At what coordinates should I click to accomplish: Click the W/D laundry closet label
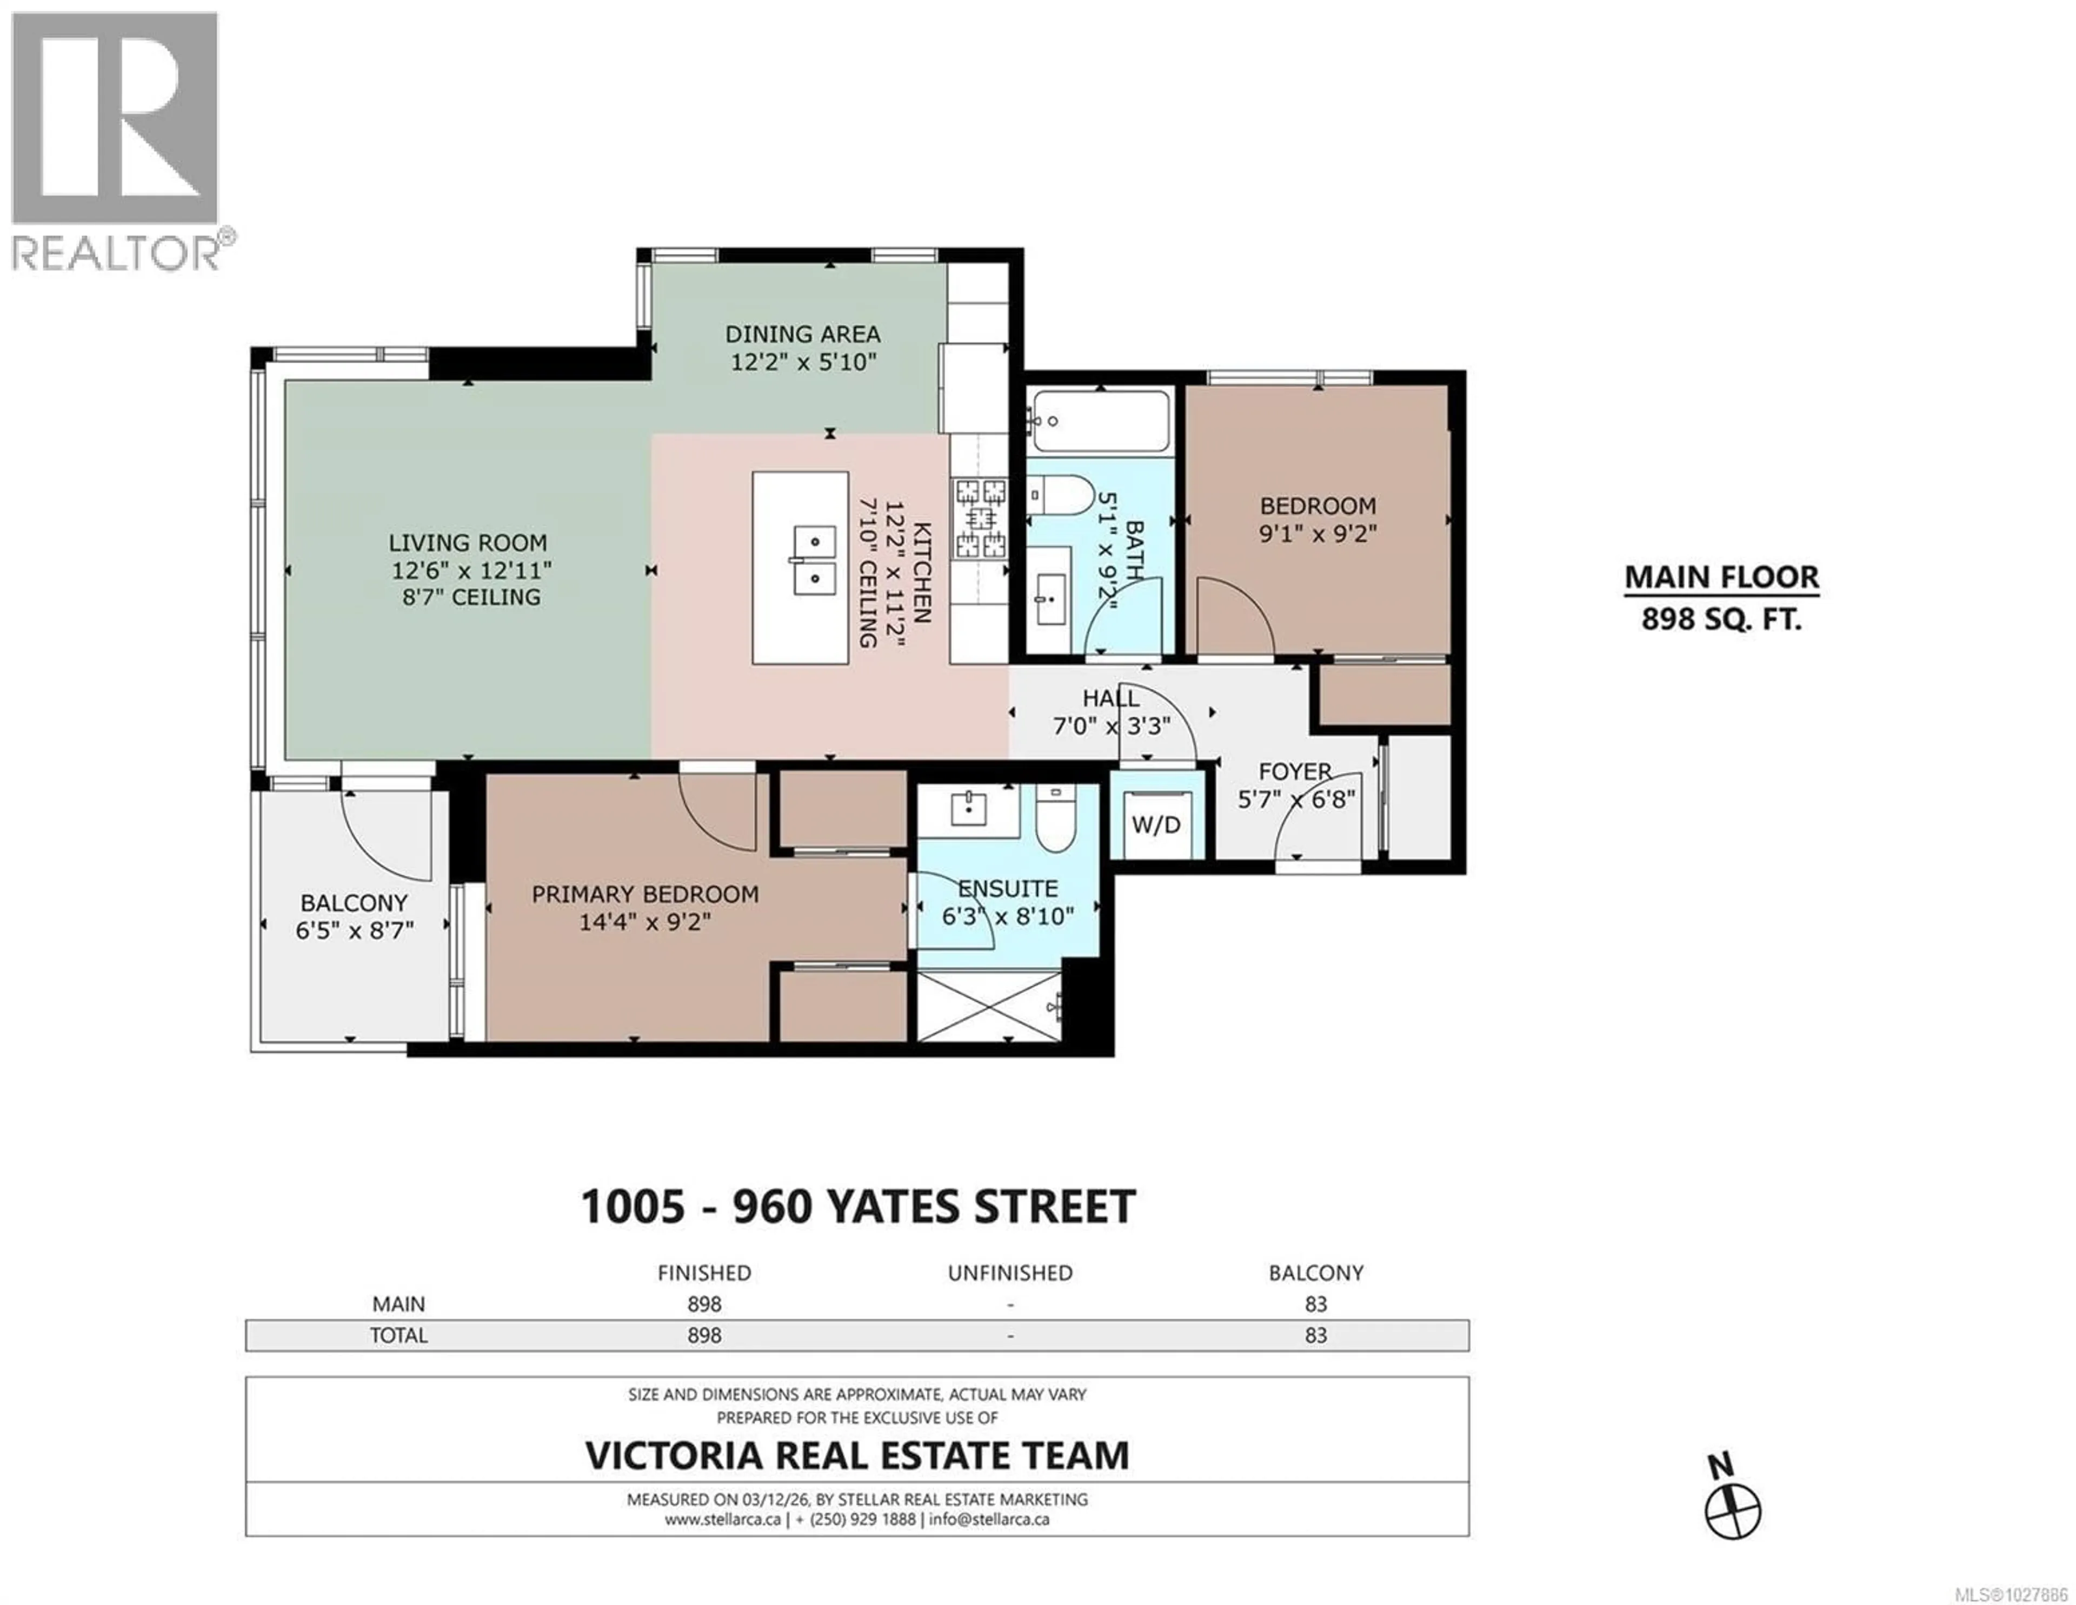(x=1156, y=825)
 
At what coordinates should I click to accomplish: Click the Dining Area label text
(x=802, y=335)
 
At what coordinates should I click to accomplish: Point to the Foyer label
(x=1295, y=771)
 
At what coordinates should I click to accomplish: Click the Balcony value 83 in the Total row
(x=1315, y=1335)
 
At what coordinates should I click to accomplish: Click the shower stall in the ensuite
(x=989, y=1005)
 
